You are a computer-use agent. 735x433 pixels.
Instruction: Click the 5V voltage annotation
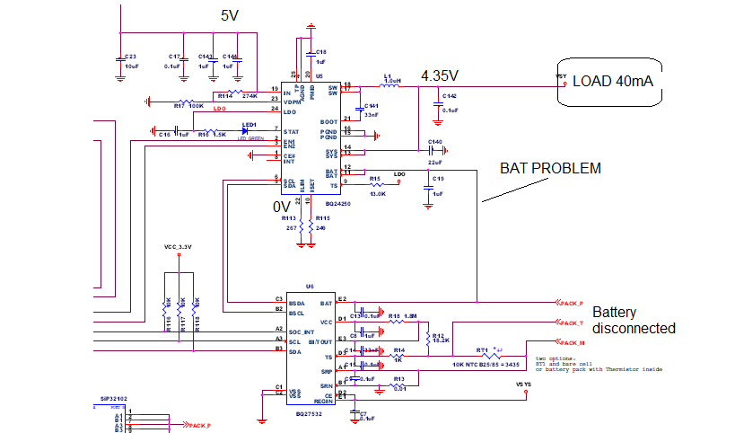pos(231,15)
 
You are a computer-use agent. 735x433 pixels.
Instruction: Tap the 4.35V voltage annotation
pos(439,75)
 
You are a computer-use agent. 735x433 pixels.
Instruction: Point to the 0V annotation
pos(282,207)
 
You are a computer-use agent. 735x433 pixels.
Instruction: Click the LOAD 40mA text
pos(612,82)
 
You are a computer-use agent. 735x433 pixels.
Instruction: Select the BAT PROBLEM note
pos(550,168)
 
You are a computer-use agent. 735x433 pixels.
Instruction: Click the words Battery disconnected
pos(633,321)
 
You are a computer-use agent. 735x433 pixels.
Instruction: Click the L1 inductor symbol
pos(389,86)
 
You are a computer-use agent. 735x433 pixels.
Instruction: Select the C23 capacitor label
pos(129,56)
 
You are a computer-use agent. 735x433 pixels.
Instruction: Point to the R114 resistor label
pos(223,95)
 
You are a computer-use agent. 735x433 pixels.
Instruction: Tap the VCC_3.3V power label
pos(179,246)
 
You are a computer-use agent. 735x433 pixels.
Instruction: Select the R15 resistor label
pos(375,179)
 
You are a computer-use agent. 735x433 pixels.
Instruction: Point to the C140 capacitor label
pos(435,142)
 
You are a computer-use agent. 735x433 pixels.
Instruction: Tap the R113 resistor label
pos(288,218)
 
